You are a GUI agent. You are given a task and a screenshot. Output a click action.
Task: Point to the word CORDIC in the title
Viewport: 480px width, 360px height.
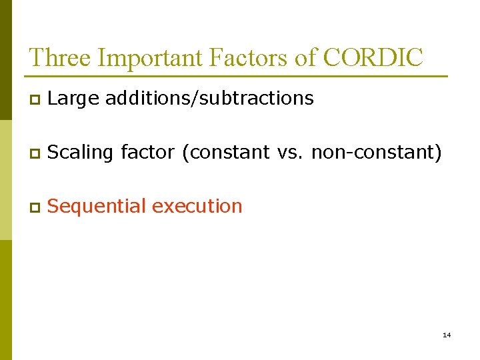373,57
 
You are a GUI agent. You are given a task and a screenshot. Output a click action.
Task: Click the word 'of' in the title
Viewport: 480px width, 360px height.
306,57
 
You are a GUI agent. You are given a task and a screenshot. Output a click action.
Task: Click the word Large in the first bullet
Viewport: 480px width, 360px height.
73,99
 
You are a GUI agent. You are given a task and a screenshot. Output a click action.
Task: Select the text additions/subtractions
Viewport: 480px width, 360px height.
209,99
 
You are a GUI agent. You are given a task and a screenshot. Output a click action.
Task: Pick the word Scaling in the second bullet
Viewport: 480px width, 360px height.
81,153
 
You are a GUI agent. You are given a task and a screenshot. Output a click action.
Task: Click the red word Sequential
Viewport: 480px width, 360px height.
97,207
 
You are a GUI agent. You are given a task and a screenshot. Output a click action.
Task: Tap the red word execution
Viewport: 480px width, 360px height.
197,207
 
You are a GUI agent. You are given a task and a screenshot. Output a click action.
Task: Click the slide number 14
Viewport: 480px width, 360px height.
447,335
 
